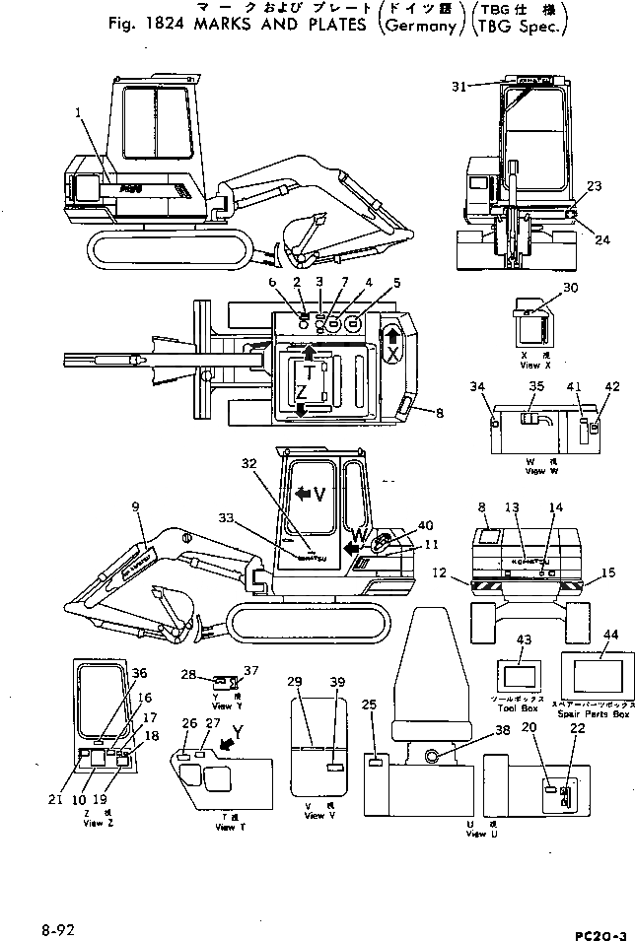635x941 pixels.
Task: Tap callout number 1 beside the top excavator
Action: click(x=77, y=113)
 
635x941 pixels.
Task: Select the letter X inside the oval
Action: click(x=392, y=353)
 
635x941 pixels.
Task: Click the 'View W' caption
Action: click(x=535, y=472)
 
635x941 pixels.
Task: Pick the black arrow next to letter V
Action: click(x=302, y=494)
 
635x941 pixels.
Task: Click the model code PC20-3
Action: click(x=598, y=930)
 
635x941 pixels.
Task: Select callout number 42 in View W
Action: click(x=612, y=386)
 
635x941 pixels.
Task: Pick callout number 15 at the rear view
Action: click(x=609, y=572)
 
